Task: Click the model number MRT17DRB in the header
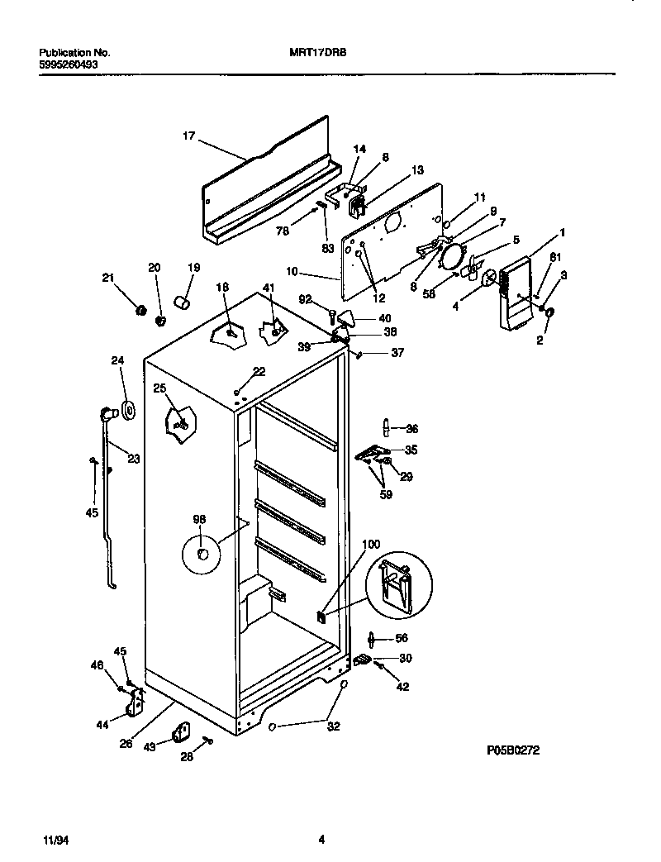(x=313, y=52)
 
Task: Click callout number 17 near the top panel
(x=188, y=136)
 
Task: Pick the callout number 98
(x=199, y=519)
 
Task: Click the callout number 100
(x=371, y=544)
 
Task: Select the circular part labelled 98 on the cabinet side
(x=201, y=553)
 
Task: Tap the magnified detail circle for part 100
(x=399, y=585)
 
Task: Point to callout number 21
(x=107, y=278)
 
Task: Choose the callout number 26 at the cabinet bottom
(x=126, y=743)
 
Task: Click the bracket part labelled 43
(x=180, y=734)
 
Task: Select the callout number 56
(x=402, y=638)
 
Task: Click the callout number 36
(x=411, y=428)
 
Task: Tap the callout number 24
(x=117, y=360)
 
